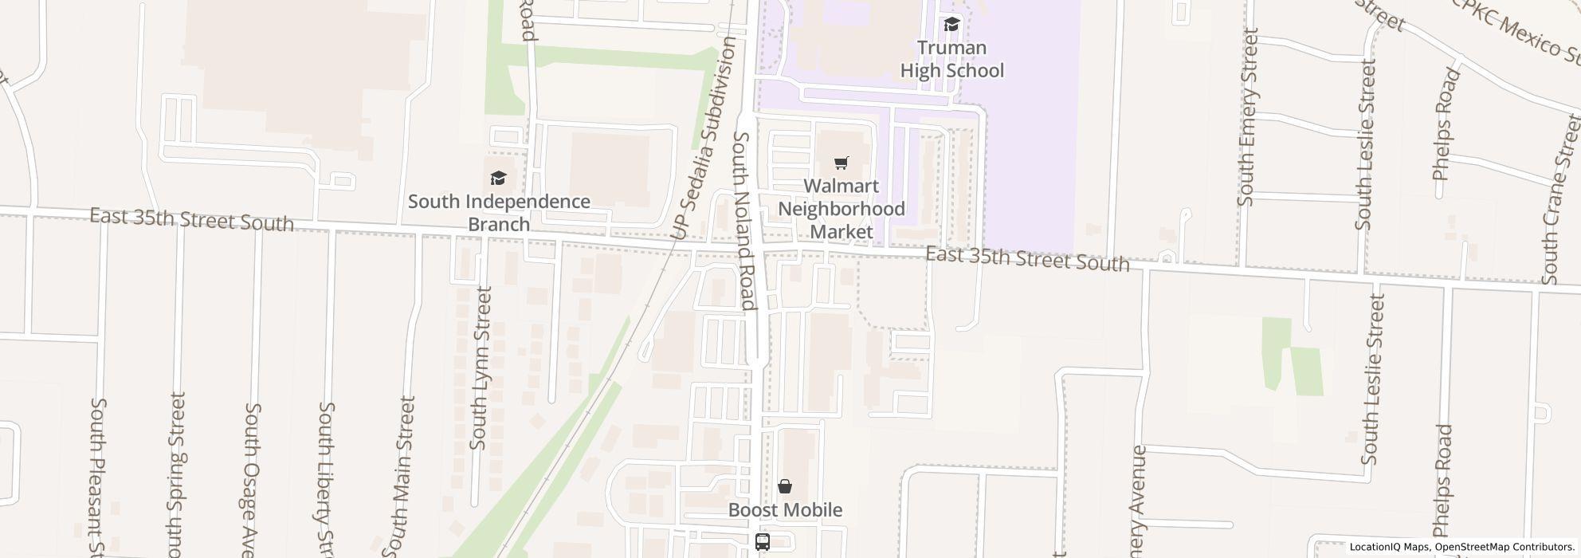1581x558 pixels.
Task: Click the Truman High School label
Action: pos(951,59)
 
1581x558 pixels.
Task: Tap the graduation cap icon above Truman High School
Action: pos(951,25)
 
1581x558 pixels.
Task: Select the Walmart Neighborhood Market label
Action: pos(841,209)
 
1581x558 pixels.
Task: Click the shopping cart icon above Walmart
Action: pos(841,163)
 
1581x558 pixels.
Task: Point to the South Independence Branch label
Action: pos(499,213)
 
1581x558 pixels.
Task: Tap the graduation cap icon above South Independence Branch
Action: pos(498,178)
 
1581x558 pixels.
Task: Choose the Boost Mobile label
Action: pos(785,510)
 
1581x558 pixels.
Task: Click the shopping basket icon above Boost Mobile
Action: pos(785,486)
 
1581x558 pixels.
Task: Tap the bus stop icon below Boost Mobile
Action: pos(763,542)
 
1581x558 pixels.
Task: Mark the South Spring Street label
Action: pos(176,474)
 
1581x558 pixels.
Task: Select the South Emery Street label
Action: pos(1247,117)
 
